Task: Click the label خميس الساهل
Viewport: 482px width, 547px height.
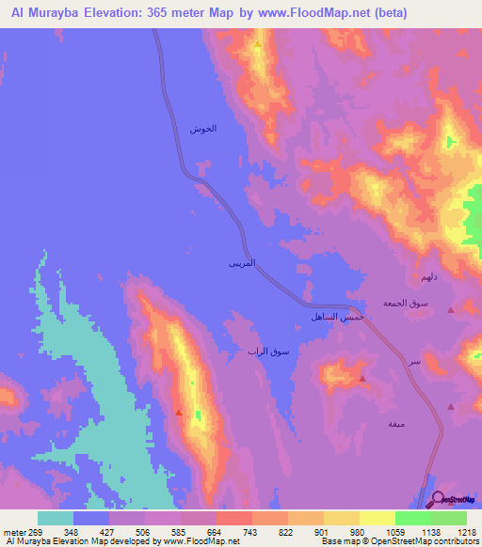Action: (x=330, y=319)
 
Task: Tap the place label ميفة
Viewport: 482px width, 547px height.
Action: (x=396, y=424)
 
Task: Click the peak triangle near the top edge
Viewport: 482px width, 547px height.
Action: (x=257, y=43)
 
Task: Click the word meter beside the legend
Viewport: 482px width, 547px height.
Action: (x=12, y=532)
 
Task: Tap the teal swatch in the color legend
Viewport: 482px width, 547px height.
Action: (x=56, y=518)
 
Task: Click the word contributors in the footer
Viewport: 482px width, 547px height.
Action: (x=456, y=541)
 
